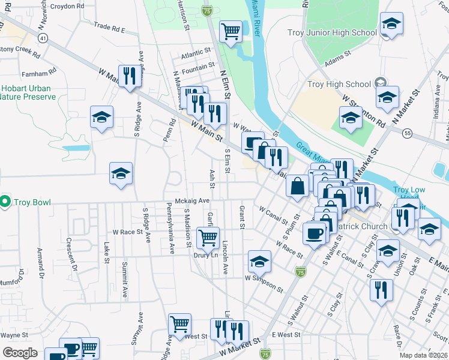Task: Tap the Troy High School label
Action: coord(339,85)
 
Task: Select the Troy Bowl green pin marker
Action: coord(6,201)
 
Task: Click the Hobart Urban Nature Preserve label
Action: coord(26,92)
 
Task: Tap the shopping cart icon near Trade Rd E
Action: coord(231,32)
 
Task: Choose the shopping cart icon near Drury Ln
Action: coord(208,237)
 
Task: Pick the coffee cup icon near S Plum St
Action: coord(314,233)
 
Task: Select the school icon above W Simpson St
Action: coord(259,261)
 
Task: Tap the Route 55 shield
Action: coord(408,133)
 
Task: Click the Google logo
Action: coord(20,352)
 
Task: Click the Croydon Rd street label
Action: coord(67,5)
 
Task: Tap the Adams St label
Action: coord(337,58)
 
